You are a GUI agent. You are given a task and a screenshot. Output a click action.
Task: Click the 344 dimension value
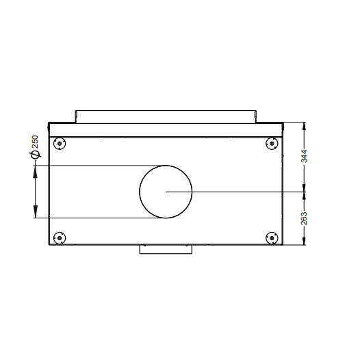304,156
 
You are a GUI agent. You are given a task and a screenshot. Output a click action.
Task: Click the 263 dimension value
304,218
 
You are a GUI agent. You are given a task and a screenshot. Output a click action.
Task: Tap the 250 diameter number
35,142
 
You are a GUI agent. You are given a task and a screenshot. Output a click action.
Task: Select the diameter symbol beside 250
35,155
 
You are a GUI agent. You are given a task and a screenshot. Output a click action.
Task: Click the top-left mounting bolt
60,144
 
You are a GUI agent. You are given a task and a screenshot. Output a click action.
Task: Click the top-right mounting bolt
272,144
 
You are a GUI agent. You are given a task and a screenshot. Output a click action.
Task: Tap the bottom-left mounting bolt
60,238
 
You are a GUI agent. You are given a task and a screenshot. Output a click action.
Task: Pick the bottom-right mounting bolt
272,238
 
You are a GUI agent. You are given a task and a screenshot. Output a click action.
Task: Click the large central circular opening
140,192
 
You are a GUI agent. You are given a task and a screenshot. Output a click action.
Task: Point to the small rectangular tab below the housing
166,249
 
